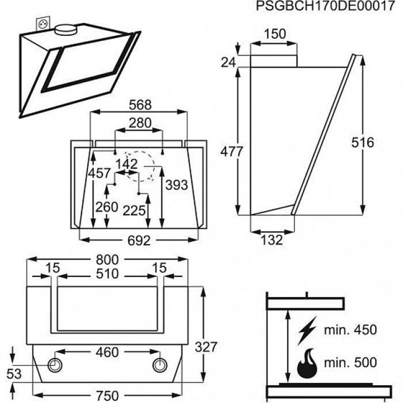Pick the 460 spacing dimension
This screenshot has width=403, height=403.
click(106, 353)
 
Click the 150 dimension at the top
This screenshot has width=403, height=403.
click(275, 34)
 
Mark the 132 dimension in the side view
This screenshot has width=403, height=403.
click(271, 241)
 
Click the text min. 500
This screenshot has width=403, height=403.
click(352, 363)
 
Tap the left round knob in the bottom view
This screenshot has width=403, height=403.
click(56, 364)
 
